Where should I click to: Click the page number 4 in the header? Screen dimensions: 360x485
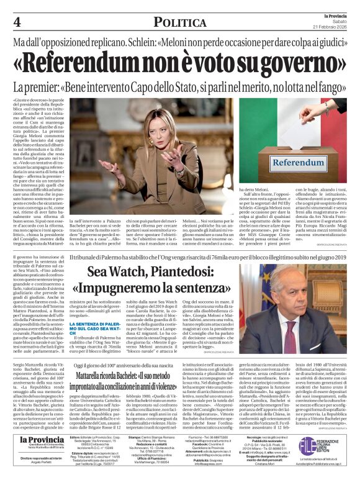[17, 22]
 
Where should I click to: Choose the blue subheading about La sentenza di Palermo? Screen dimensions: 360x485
[91, 327]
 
